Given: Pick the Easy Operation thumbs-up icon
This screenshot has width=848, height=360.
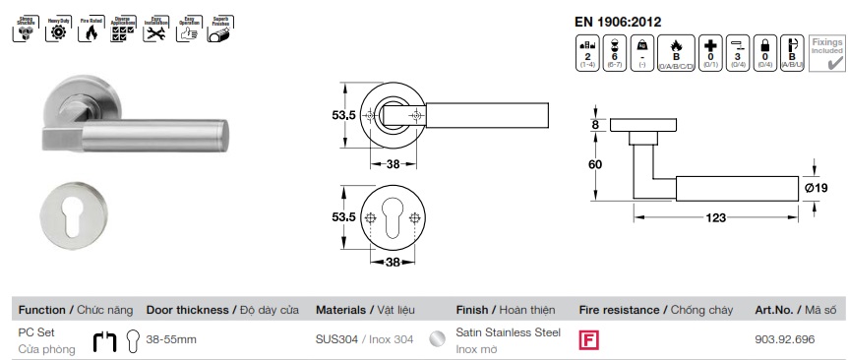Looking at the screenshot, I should pos(186,30).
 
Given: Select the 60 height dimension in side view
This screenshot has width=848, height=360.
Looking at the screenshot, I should pos(594,164).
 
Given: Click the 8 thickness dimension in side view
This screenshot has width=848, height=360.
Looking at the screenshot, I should pos(595,125).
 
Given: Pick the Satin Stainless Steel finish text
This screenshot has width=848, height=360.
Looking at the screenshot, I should pos(509,332).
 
